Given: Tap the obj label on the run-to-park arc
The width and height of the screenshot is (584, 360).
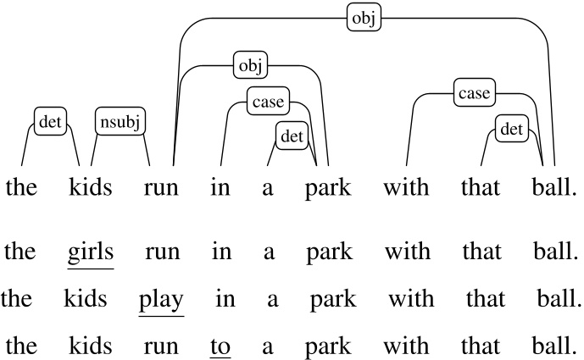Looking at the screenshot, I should click(x=251, y=64).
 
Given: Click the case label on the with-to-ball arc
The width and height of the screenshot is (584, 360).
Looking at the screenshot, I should click(x=474, y=92).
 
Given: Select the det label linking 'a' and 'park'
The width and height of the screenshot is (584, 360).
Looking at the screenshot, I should click(x=292, y=134).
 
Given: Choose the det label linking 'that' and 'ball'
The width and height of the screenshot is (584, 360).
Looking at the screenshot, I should click(x=511, y=130).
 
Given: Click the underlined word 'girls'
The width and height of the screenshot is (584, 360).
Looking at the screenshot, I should click(x=91, y=252).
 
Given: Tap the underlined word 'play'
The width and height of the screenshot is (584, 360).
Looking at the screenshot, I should click(x=161, y=299).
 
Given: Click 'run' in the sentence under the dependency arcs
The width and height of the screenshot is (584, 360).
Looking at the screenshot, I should click(x=161, y=187).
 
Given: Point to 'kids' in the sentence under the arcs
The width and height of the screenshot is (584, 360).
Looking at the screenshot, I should click(x=91, y=187).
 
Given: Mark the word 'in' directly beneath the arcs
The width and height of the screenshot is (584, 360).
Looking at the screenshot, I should click(x=220, y=187).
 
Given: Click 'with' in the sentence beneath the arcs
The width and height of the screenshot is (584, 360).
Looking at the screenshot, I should click(x=407, y=187).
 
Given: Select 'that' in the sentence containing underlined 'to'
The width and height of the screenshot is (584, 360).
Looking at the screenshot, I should click(x=481, y=346).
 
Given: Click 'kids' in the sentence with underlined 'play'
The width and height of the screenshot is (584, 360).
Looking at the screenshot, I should click(x=86, y=299).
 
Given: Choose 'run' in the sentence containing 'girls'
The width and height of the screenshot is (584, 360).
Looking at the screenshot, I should click(x=162, y=252).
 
